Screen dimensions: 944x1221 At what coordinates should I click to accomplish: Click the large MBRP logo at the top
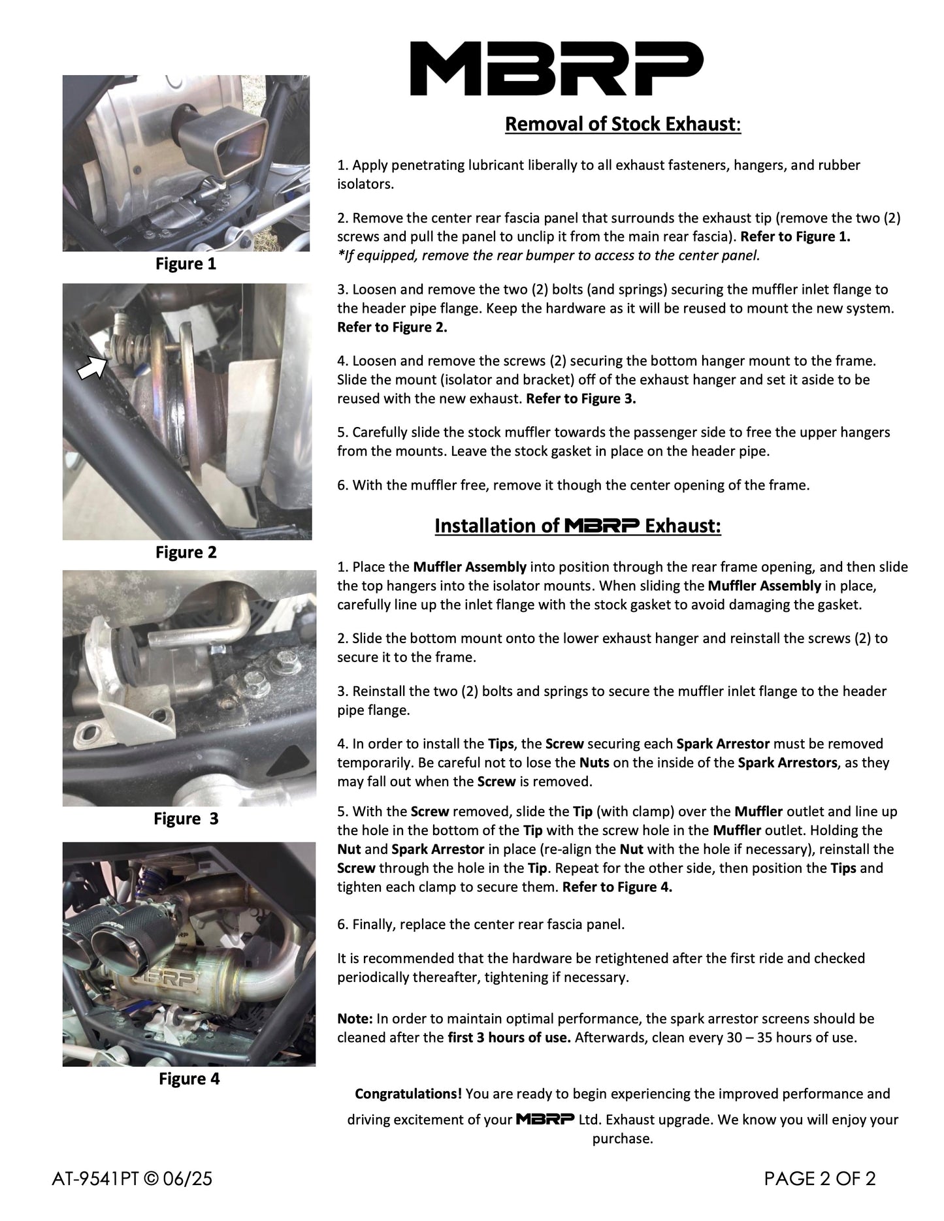point(556,69)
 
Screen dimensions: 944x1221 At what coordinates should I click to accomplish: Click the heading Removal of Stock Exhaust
point(623,124)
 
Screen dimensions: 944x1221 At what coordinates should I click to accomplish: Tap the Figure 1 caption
point(186,264)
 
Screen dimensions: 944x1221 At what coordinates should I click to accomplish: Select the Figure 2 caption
point(186,552)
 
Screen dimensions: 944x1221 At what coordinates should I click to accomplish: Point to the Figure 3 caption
point(186,819)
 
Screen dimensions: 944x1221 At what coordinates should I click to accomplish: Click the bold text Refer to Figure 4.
point(617,887)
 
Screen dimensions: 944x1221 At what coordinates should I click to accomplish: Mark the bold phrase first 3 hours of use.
point(509,1037)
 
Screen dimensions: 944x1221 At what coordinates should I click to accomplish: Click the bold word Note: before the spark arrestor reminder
point(355,1018)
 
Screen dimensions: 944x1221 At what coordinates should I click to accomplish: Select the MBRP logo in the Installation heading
point(601,526)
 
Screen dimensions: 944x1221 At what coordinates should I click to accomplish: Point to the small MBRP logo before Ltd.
point(545,1118)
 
